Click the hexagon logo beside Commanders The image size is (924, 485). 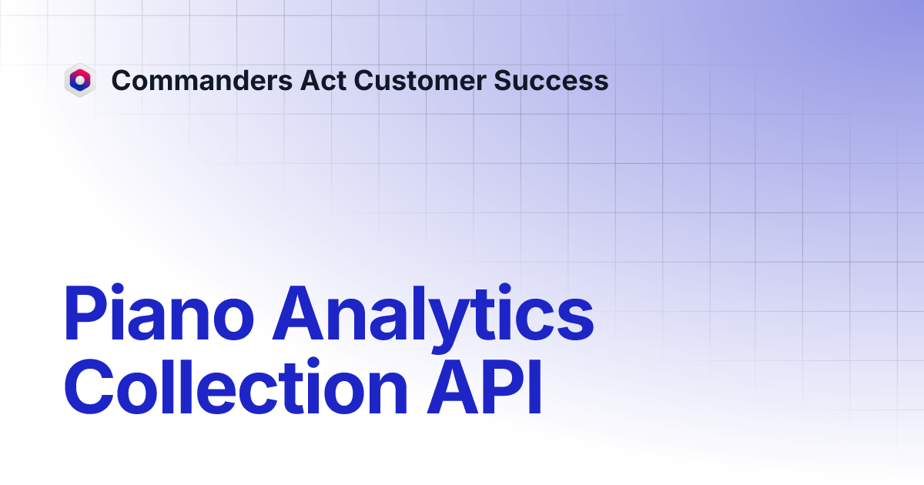[79, 80]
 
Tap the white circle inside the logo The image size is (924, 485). [79, 79]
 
